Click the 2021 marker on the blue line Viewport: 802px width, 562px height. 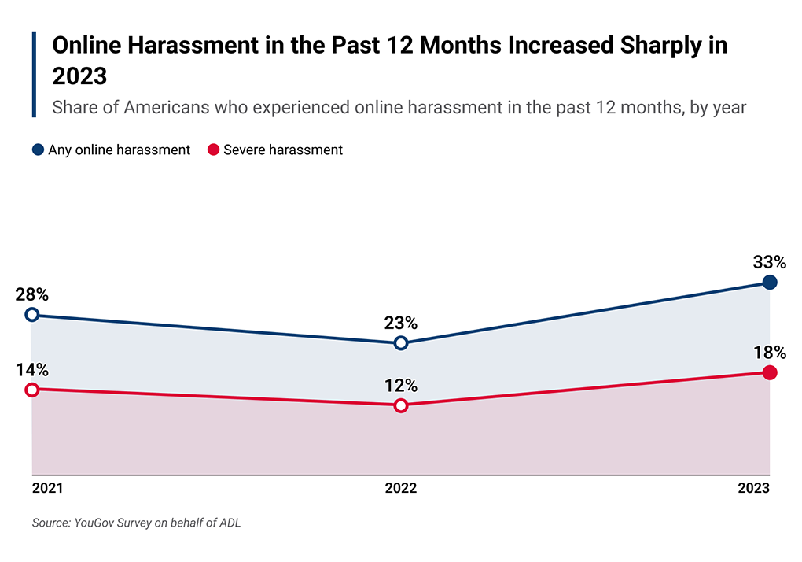32,315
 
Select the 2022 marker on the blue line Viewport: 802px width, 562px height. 401,343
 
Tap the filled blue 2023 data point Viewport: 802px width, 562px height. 770,283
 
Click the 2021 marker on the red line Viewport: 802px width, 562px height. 32,390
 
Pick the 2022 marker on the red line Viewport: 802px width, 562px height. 401,405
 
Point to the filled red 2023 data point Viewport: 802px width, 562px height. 770,372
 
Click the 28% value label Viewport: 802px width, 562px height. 32,295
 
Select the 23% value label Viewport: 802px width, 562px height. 401,324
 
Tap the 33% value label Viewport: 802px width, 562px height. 769,262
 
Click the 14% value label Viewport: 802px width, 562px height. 32,370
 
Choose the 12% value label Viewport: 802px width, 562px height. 401,386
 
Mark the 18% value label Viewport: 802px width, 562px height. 769,353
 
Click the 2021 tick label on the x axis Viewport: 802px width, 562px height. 48,489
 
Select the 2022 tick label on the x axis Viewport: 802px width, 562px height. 401,489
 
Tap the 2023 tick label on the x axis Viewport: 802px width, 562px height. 753,489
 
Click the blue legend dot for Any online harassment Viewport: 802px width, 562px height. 38,150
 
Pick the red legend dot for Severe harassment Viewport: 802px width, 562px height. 212,150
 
